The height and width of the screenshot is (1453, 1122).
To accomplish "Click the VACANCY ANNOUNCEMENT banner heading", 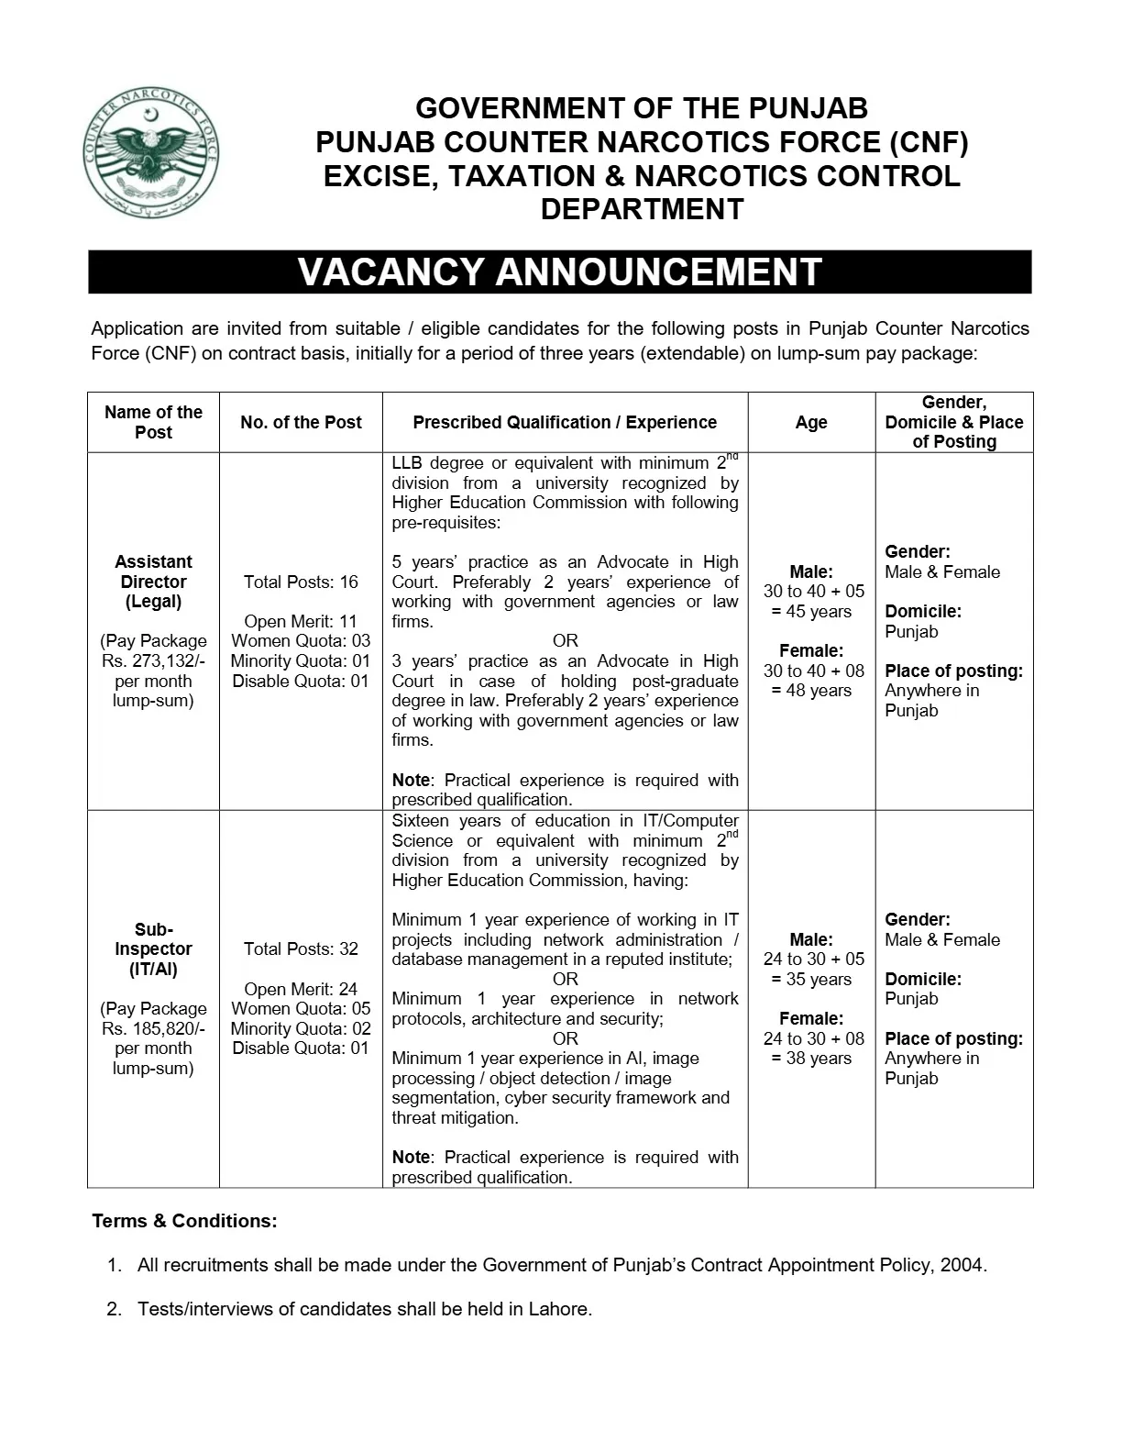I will (559, 272).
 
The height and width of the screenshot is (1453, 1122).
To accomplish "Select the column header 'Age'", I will (811, 422).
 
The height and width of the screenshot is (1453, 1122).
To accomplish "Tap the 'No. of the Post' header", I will (301, 422).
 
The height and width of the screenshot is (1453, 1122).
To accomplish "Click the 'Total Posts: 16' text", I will (301, 582).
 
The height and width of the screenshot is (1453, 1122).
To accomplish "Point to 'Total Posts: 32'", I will (301, 948).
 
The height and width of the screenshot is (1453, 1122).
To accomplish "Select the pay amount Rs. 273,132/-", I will (153, 660).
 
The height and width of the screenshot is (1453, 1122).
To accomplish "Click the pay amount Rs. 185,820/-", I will (153, 1028).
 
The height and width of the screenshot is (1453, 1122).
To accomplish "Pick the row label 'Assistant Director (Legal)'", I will (153, 582).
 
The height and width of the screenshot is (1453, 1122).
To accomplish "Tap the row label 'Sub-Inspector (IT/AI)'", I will (153, 948).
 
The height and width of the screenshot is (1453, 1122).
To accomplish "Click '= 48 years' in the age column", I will (811, 691).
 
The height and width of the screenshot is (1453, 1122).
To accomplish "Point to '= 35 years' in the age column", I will (811, 979).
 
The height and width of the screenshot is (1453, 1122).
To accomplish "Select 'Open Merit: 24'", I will (301, 989).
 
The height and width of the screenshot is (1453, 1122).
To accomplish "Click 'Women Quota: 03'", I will (301, 640).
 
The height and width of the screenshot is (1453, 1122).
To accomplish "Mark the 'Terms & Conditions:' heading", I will (184, 1221).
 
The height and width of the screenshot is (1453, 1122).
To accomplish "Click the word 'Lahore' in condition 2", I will (559, 1309).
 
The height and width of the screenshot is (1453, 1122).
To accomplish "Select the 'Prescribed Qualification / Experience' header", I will (565, 422).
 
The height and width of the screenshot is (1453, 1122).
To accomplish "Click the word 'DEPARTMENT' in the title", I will (642, 209).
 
